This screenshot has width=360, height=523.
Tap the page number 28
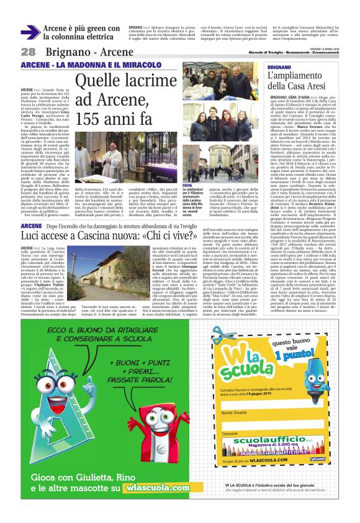point(28,52)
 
